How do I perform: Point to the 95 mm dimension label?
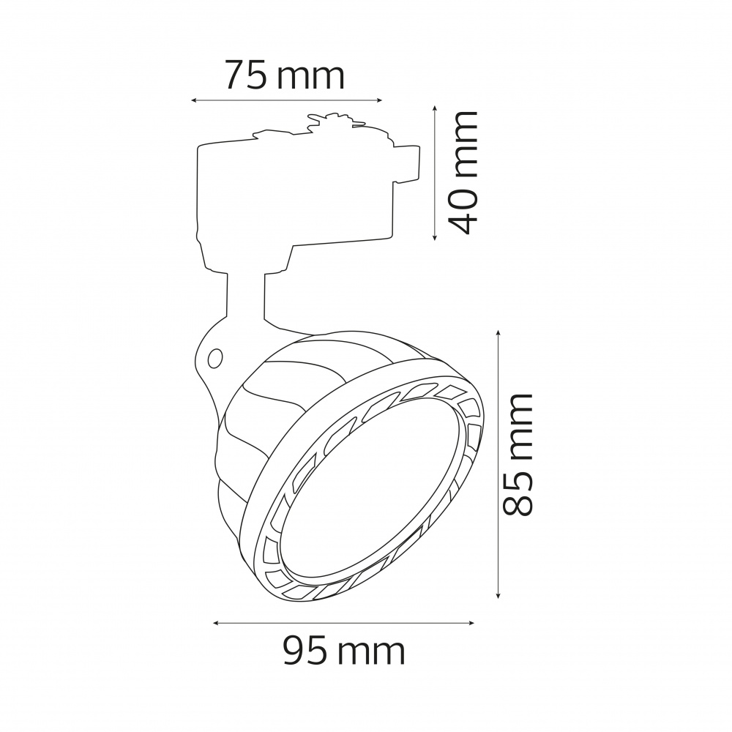[344, 650]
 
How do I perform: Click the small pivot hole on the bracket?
[215, 358]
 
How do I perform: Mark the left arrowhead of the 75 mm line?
[193, 100]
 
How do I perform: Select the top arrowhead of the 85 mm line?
[498, 334]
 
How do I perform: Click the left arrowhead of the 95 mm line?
[216, 623]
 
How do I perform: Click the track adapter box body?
[293, 190]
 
